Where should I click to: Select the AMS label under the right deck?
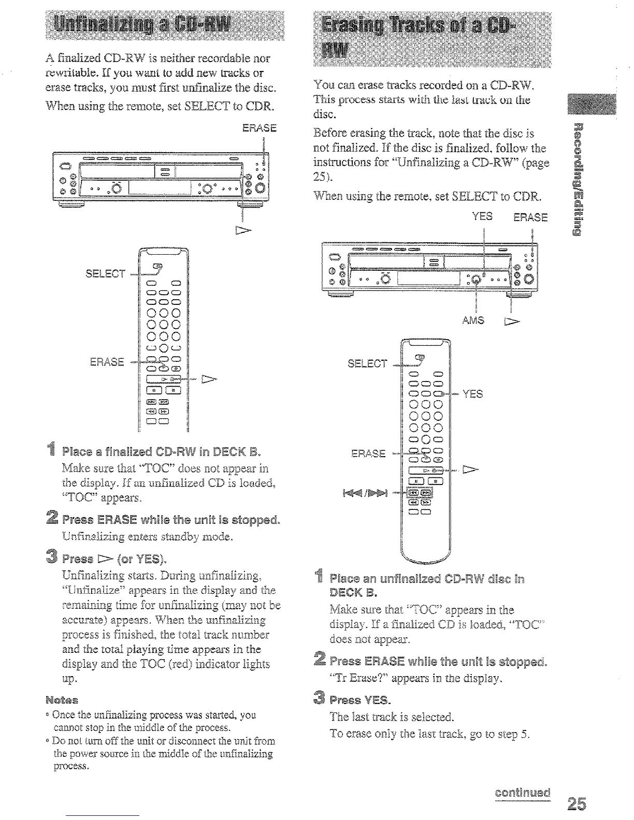pyautogui.click(x=473, y=320)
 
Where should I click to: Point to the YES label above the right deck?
pyautogui.click(x=482, y=216)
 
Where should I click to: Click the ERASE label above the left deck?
pyautogui.click(x=260, y=127)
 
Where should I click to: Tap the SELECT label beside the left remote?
pyautogui.click(x=106, y=273)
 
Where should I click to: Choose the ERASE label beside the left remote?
pyautogui.click(x=107, y=361)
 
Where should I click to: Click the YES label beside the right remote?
pyautogui.click(x=472, y=394)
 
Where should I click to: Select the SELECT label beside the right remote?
pyautogui.click(x=367, y=363)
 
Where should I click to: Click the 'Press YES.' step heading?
pyautogui.click(x=360, y=700)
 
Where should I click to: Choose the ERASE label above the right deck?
pyautogui.click(x=530, y=217)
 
